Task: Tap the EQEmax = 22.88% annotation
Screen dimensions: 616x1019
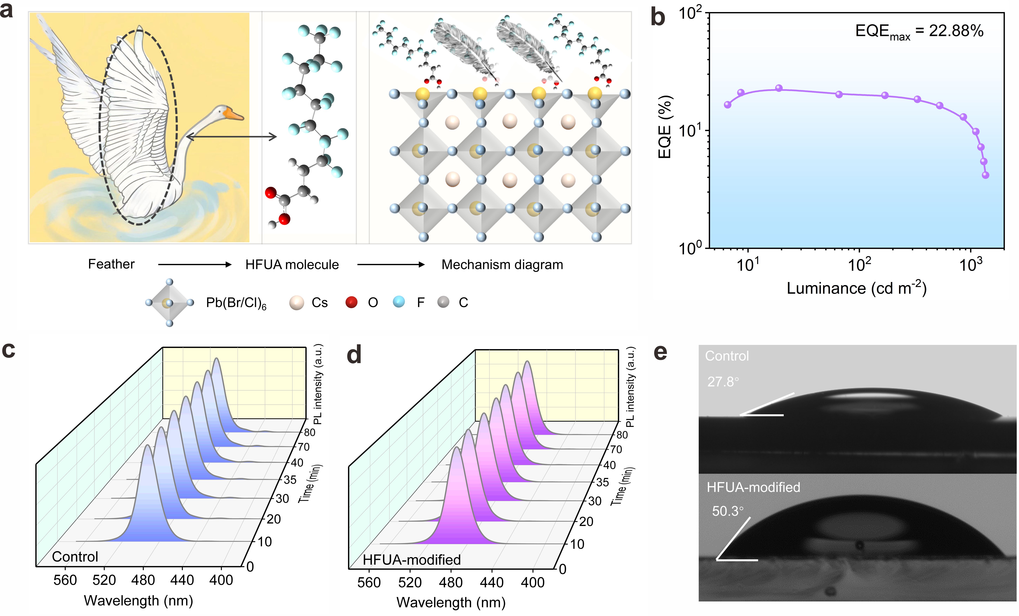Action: click(919, 31)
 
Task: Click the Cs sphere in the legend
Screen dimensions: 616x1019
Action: click(297, 302)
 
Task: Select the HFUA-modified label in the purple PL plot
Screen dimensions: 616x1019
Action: click(411, 560)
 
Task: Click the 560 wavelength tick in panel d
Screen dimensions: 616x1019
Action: click(369, 583)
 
